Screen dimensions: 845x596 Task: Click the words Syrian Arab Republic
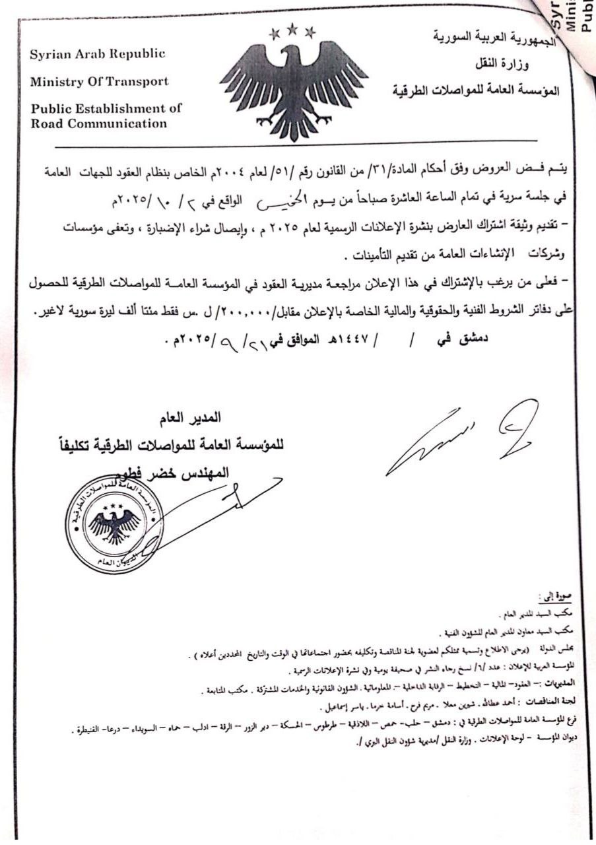click(x=96, y=54)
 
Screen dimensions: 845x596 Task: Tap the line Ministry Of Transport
click(x=99, y=82)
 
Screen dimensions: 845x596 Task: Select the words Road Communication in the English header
click(x=98, y=123)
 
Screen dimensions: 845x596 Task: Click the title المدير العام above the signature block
click(x=191, y=417)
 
